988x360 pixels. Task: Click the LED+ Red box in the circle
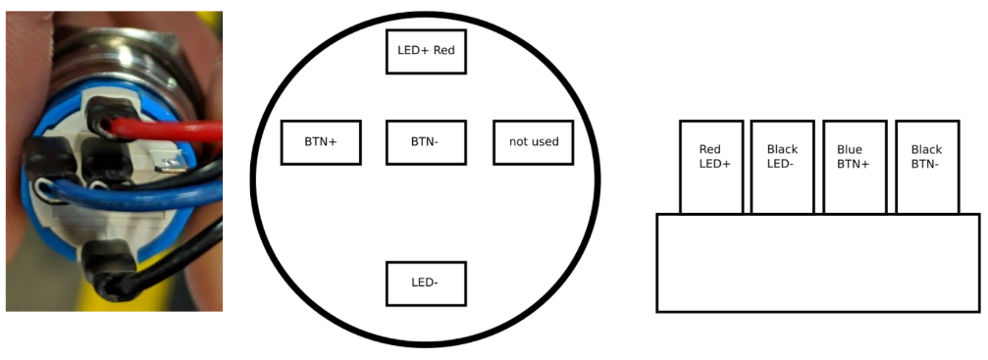425,50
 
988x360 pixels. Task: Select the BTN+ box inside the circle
320,142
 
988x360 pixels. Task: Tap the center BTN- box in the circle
425,142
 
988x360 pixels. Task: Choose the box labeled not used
533,142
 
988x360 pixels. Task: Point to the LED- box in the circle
425,283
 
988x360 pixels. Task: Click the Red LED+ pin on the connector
710,167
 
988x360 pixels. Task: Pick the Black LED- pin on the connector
782,167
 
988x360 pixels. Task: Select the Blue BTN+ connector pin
854,167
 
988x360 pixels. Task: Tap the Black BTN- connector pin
927,167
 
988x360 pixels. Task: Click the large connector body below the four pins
817,263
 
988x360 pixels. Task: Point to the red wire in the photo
167,129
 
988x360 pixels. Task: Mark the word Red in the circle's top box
443,50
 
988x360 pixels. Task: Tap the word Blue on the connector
850,150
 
